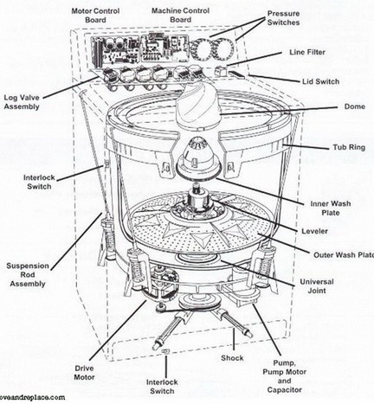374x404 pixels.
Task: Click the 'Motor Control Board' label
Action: (x=95, y=16)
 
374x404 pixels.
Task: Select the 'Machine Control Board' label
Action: (x=181, y=16)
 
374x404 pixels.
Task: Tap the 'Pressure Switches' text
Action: (x=283, y=18)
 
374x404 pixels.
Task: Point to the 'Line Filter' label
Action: (x=307, y=52)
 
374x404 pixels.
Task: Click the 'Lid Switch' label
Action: (x=320, y=81)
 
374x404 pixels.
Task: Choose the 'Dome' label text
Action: (x=355, y=106)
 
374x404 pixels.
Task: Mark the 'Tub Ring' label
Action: (x=349, y=147)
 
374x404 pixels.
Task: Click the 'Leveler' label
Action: (x=314, y=231)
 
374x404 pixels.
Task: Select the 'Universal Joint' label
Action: (x=317, y=286)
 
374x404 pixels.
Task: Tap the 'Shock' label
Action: (x=232, y=358)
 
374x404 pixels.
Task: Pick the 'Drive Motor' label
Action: (x=84, y=373)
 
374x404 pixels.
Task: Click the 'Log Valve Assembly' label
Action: (x=22, y=102)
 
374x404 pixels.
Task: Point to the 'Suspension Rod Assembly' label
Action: (x=28, y=275)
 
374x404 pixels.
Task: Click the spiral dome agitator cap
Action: (x=198, y=106)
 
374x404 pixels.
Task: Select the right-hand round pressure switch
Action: (x=223, y=48)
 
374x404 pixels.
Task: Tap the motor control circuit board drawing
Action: (x=115, y=51)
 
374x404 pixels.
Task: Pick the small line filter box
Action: (x=221, y=71)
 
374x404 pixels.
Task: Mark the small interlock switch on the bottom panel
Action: (x=164, y=351)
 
